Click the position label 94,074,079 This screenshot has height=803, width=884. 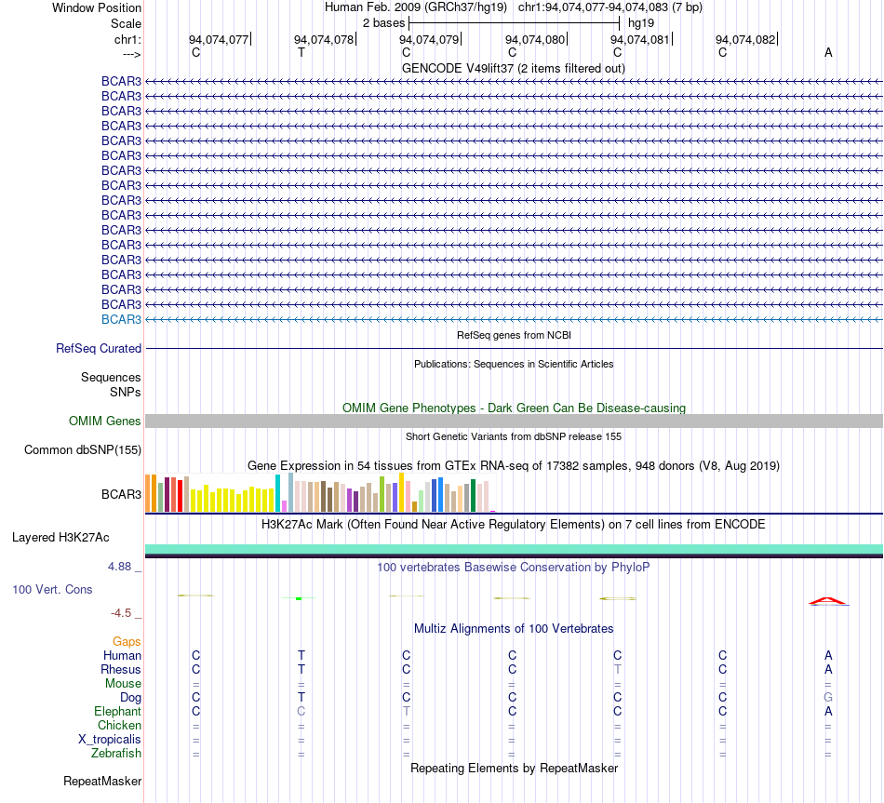point(430,39)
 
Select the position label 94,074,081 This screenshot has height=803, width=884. point(640,39)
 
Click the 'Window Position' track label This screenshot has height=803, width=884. point(97,7)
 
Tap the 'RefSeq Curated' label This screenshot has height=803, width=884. point(99,349)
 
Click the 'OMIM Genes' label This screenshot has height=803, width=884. point(105,422)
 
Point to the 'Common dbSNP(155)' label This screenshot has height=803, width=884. point(83,450)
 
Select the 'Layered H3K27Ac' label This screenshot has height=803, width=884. point(60,538)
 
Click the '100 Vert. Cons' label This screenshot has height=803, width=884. point(52,589)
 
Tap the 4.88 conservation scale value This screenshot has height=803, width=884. point(119,566)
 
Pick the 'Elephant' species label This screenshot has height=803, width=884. point(118,712)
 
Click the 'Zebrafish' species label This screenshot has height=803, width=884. point(116,754)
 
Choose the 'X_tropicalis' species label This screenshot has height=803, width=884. point(110,740)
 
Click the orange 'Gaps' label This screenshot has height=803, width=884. point(127,642)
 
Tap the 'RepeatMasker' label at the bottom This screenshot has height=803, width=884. point(102,781)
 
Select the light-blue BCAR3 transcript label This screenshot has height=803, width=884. point(121,320)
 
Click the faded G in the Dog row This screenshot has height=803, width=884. point(828,698)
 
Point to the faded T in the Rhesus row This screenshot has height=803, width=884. point(617,669)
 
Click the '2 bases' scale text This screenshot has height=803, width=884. point(384,23)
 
